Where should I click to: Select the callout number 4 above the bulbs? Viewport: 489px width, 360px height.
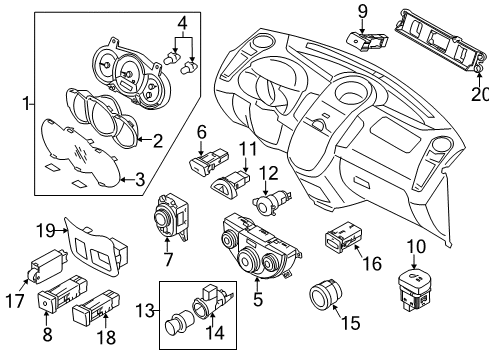pyautogui.click(x=181, y=21)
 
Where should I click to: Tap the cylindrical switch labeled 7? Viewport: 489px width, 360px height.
pyautogui.click(x=164, y=219)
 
